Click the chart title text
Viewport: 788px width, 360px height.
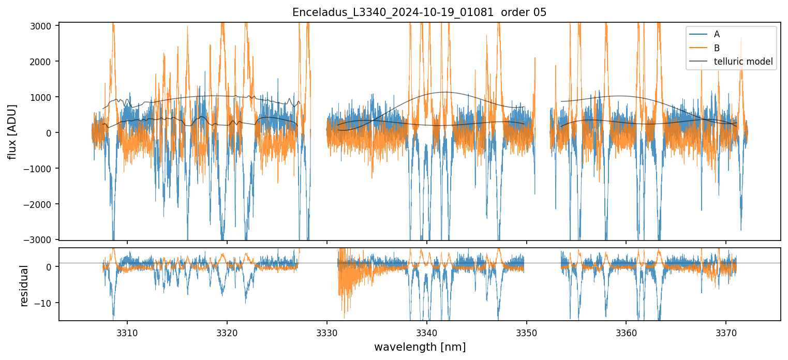tap(419, 12)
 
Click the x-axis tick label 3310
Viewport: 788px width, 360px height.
tap(127, 331)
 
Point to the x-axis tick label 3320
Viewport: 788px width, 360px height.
tap(227, 331)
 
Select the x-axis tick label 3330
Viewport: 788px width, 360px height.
tap(327, 331)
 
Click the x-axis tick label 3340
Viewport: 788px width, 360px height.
tap(427, 331)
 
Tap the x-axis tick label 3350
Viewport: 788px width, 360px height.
tap(527, 331)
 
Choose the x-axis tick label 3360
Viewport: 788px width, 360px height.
tap(626, 331)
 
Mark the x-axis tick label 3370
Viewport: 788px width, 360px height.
tap(726, 331)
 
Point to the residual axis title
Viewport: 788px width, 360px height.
tap(23, 286)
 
